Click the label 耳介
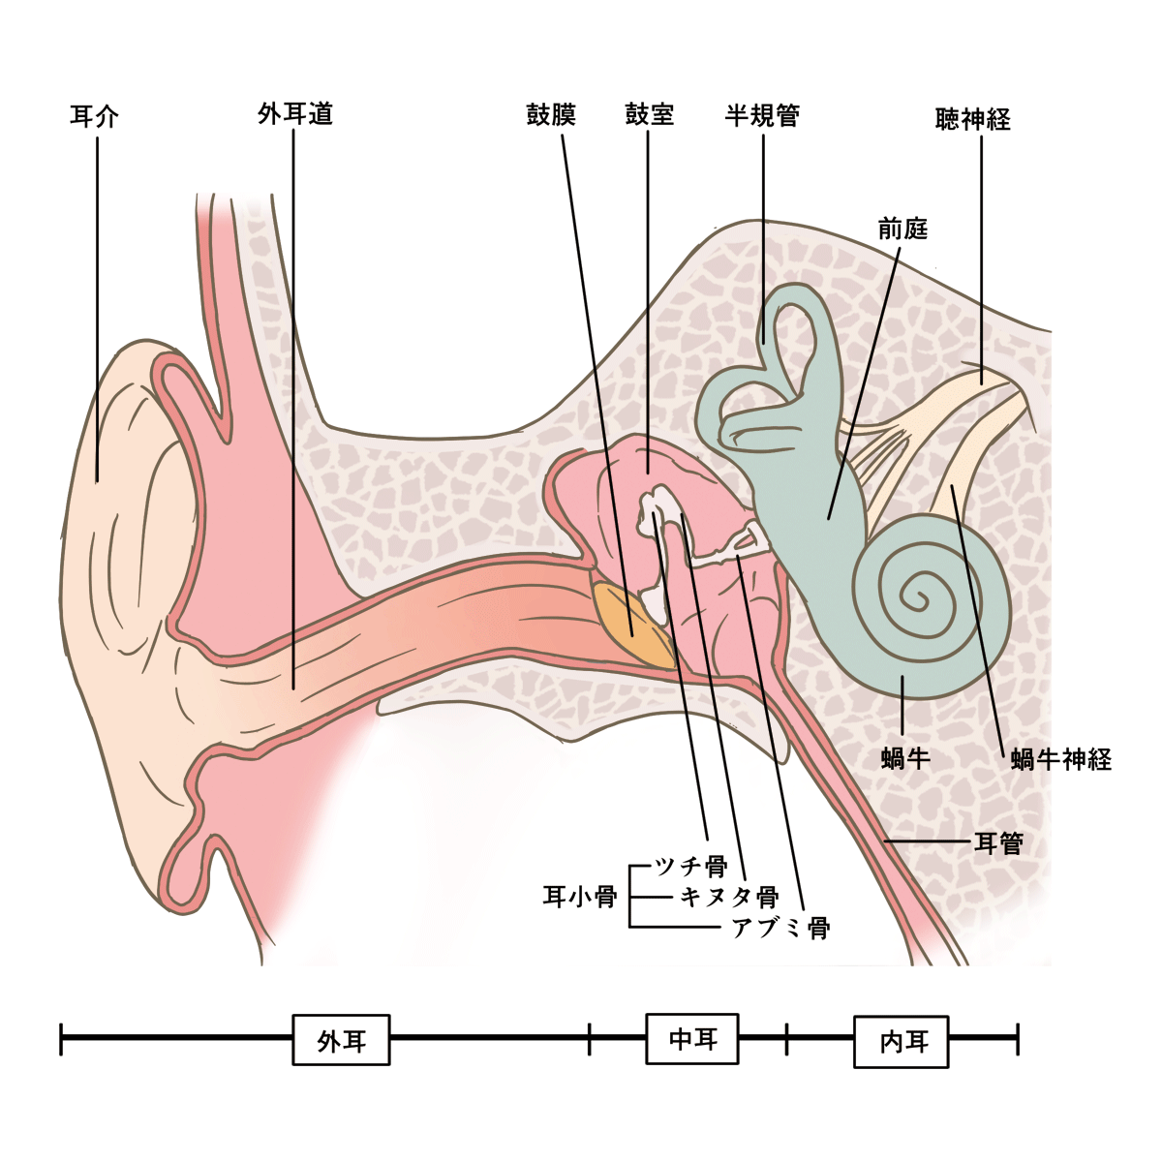tap(95, 117)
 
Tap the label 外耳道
tap(295, 113)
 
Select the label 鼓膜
tap(551, 115)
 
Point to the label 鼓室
tap(649, 115)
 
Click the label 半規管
tap(762, 115)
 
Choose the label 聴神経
tap(973, 119)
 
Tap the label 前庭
tap(902, 229)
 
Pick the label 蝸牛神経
tap(1060, 758)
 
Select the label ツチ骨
tap(690, 865)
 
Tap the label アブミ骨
tap(780, 927)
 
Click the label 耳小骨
tap(579, 897)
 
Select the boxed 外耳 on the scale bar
tap(341, 1040)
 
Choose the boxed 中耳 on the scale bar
tap(692, 1039)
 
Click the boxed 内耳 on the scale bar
tap(902, 1041)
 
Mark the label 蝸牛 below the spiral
tap(905, 758)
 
